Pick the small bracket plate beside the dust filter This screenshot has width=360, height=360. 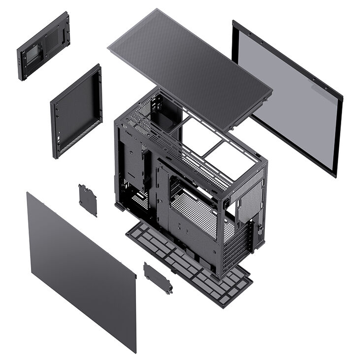tap(158, 278)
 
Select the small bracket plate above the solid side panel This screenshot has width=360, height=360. tap(88, 199)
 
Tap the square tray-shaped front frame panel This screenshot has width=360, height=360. tap(76, 111)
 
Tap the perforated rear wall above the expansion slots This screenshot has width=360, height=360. tap(249, 197)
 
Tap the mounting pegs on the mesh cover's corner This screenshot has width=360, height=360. tap(266, 98)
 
